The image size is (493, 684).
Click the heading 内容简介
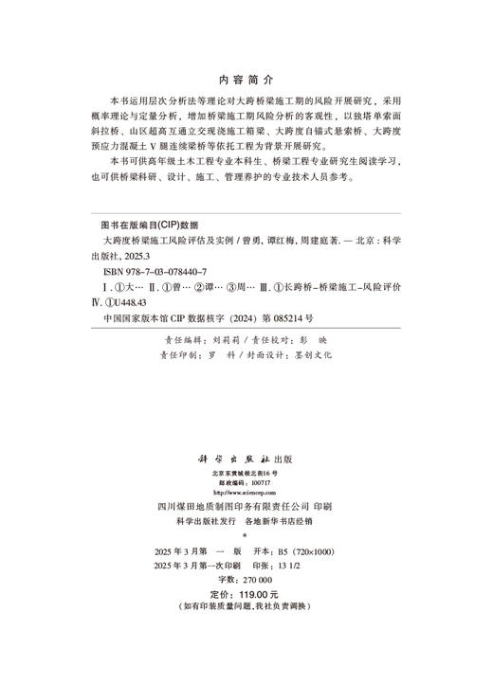pos(246,81)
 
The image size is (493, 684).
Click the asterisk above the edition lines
pos(246,535)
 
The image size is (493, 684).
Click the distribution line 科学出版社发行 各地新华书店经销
pos(246,520)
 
